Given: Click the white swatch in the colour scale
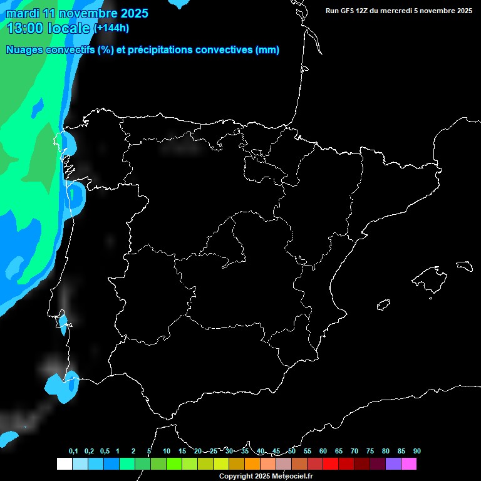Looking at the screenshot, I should (64, 463).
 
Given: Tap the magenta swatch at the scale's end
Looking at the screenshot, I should (409, 463).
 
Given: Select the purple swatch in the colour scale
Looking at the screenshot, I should (393, 463).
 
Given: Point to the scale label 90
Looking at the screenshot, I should (416, 451).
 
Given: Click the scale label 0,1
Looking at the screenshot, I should (73, 451).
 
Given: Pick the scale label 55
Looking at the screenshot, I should (307, 451).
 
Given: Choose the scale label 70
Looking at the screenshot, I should (354, 451).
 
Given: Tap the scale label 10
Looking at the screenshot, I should (166, 451).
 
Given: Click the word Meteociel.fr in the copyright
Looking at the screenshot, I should (291, 476).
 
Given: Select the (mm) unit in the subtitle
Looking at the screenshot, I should (267, 50).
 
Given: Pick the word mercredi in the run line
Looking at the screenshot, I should (393, 11).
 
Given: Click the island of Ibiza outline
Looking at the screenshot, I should (383, 305).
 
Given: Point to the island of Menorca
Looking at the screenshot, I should (464, 265).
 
